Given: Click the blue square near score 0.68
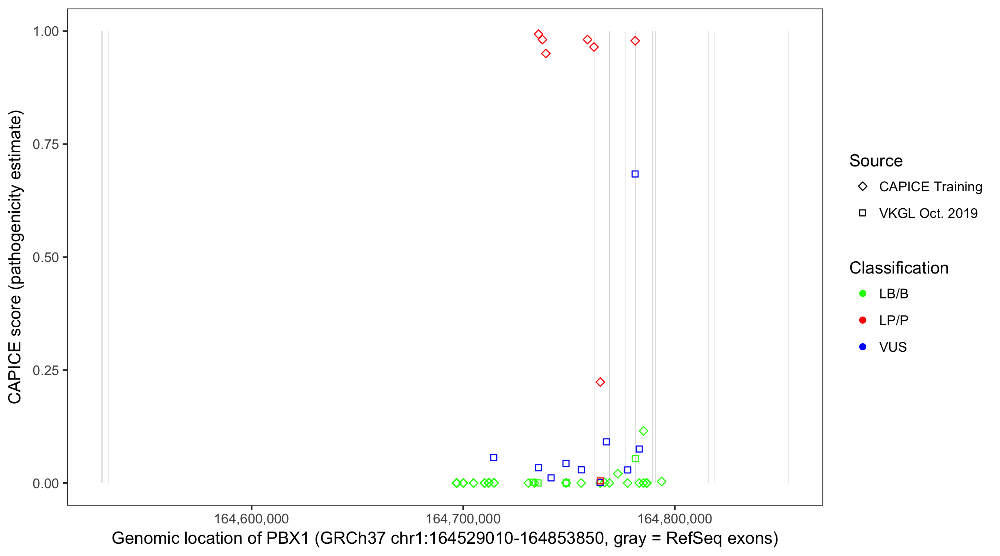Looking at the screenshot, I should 635,174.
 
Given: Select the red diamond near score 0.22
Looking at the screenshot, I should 600,382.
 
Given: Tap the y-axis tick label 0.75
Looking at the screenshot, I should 45,144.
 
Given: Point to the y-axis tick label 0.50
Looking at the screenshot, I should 45,257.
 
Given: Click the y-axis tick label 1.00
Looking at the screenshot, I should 45,31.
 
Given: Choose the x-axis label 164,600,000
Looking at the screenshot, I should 251,519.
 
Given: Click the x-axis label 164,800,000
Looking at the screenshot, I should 675,519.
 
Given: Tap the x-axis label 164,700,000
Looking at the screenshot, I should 463,519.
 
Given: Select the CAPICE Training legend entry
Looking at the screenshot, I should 930,186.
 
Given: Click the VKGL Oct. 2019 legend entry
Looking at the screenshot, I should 928,213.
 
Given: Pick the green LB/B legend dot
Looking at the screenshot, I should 863,294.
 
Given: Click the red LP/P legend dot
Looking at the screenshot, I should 863,320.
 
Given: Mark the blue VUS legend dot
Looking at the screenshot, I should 863,347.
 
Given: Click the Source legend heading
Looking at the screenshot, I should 876,161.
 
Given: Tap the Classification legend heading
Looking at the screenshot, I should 899,268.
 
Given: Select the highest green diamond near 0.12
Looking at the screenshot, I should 643,431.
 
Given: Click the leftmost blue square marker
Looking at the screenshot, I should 493,458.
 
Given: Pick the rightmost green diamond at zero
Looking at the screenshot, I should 661,482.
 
